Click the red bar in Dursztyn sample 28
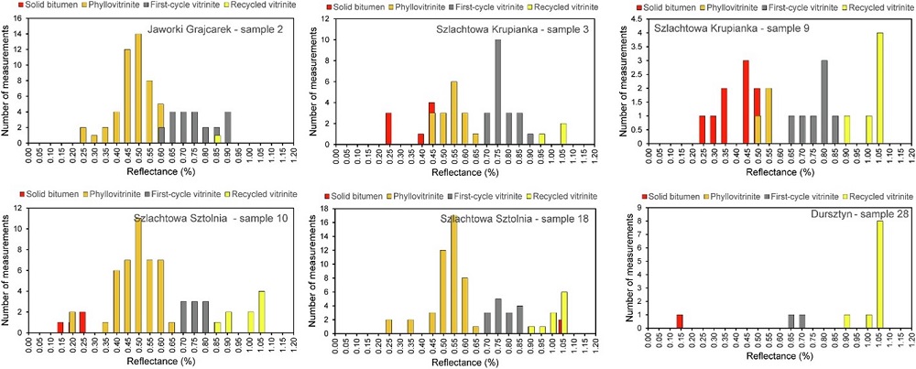[679, 321]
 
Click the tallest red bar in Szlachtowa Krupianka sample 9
[746, 101]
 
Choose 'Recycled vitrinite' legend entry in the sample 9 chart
[879, 6]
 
